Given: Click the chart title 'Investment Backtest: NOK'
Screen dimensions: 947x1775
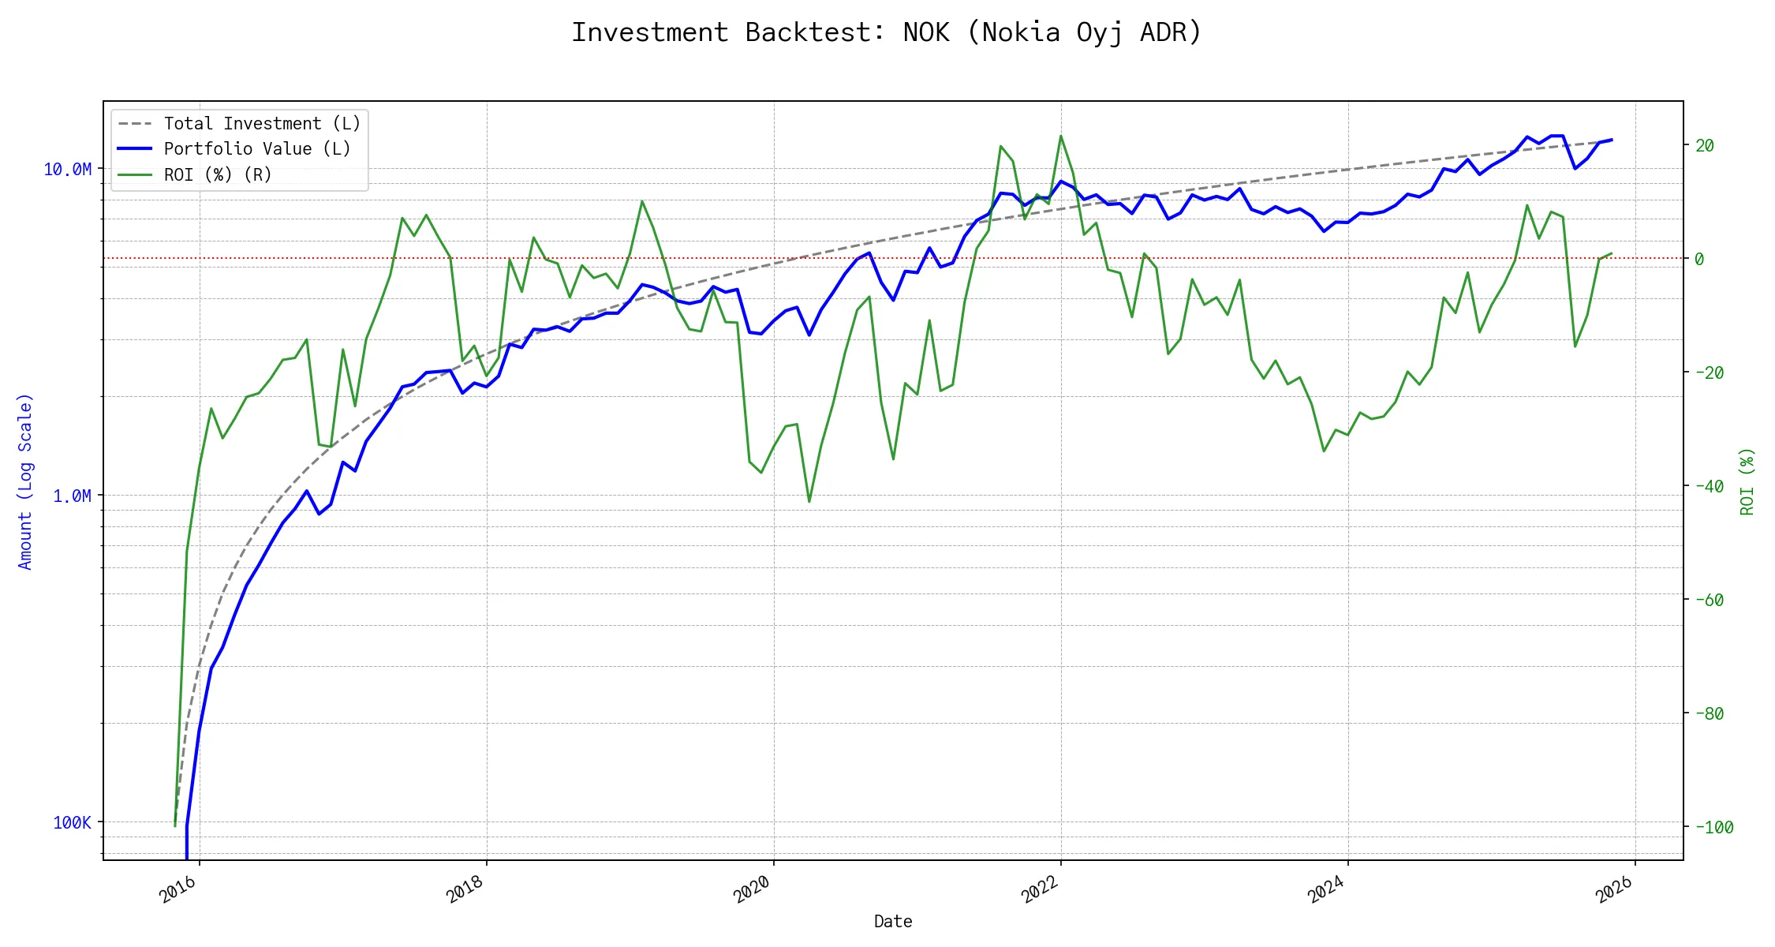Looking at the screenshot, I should click(886, 32).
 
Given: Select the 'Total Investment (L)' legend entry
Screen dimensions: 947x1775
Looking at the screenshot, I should click(261, 124).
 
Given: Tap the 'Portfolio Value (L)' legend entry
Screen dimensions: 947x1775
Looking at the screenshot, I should click(256, 149).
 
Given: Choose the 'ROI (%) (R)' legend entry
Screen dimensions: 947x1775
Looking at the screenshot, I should click(217, 174).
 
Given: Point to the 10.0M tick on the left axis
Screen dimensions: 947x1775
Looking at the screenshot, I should click(68, 170).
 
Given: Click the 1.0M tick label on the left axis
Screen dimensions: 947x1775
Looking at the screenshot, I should click(72, 496).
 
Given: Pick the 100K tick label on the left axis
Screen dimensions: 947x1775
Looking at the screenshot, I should click(72, 823).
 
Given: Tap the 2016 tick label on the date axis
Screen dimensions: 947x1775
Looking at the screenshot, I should click(178, 890).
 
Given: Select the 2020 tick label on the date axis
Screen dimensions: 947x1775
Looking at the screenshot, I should click(752, 890).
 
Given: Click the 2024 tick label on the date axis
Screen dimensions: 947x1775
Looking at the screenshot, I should click(1326, 890).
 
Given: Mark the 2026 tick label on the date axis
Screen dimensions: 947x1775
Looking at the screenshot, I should click(1614, 890).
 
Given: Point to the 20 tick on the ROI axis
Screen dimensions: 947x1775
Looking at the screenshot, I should click(1705, 145).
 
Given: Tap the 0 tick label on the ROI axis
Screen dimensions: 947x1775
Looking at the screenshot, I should click(1699, 259).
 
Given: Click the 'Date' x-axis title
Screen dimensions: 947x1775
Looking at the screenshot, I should click(893, 922).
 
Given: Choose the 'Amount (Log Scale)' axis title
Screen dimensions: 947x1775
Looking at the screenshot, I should click(25, 481).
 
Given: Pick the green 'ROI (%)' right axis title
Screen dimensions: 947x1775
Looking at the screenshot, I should click(1747, 481).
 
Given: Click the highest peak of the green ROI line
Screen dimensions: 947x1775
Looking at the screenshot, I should click(1061, 136).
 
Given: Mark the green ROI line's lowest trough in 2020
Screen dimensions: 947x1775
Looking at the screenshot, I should click(809, 501).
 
